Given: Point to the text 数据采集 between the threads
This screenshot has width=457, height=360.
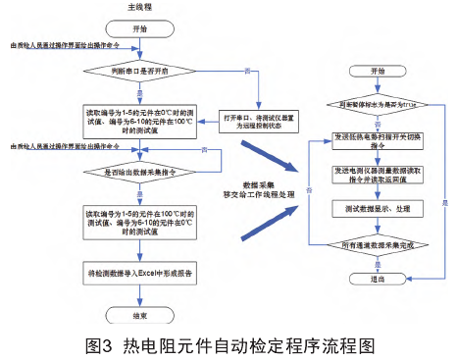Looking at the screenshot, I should (257, 183).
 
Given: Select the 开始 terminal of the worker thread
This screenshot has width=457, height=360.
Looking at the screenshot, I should (379, 72).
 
